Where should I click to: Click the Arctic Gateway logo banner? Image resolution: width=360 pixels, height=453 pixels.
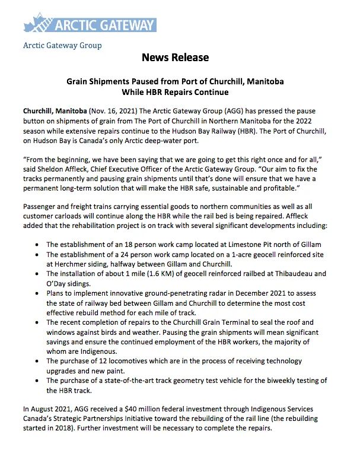90,24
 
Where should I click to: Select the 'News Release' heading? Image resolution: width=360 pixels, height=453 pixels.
175,58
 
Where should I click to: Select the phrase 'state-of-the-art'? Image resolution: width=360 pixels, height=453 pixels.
134,380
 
